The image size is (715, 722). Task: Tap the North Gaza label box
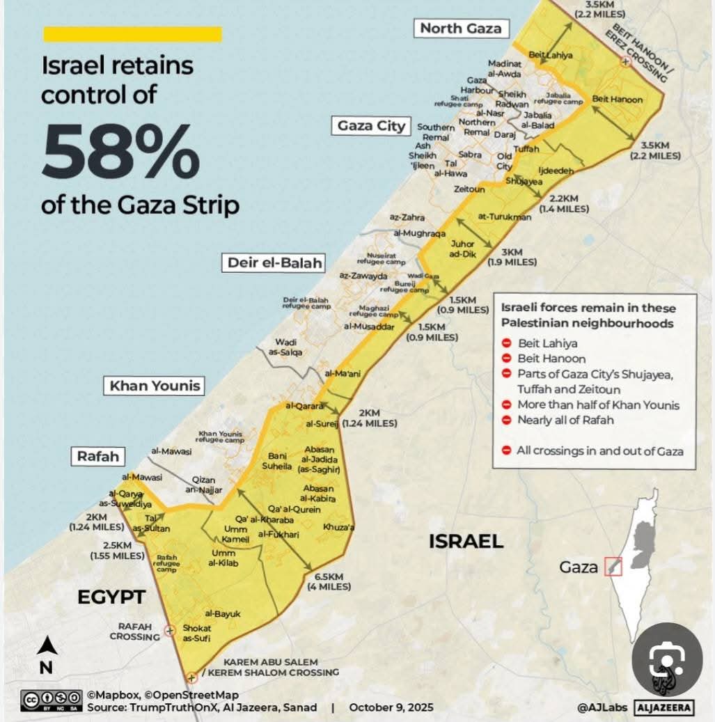pyautogui.click(x=460, y=29)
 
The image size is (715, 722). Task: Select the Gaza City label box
pyautogui.click(x=371, y=126)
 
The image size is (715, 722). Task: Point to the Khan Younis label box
pyautogui.click(x=155, y=386)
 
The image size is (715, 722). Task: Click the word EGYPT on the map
pyautogui.click(x=111, y=597)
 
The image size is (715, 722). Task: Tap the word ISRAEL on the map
pyautogui.click(x=466, y=541)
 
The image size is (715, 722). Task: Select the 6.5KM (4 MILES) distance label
pyautogui.click(x=329, y=581)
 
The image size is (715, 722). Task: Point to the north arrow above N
pyautogui.click(x=47, y=646)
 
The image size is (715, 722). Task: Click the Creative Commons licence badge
pyautogui.click(x=52, y=700)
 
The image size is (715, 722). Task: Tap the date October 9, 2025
pyautogui.click(x=391, y=707)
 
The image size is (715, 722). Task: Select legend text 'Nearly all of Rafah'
pyautogui.click(x=566, y=420)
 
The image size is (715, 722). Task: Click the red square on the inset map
pyautogui.click(x=613, y=566)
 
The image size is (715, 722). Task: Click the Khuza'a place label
pyautogui.click(x=338, y=527)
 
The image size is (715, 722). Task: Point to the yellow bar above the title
pyautogui.click(x=132, y=34)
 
